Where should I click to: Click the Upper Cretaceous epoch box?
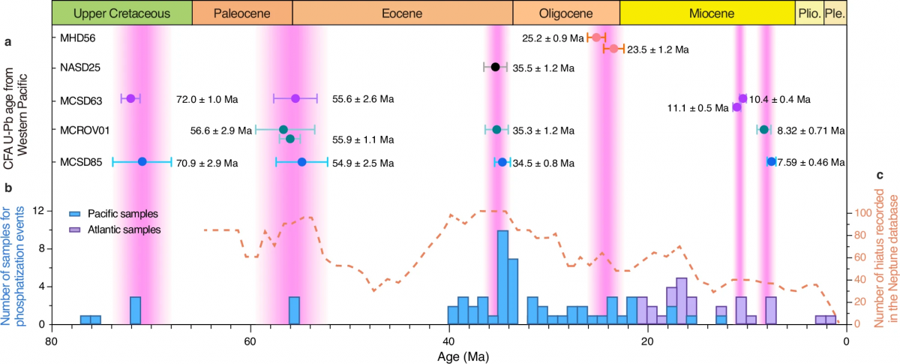click(x=122, y=13)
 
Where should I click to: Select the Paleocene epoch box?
click(x=242, y=13)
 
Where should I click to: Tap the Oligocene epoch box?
click(x=566, y=13)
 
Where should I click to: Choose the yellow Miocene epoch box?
click(x=707, y=13)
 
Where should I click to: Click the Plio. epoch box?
click(x=809, y=13)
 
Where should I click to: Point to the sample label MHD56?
click(x=80, y=37)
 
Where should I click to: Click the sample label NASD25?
click(x=80, y=68)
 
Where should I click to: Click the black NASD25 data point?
click(x=495, y=68)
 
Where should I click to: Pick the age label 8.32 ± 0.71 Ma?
click(x=811, y=131)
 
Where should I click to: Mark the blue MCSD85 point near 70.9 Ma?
click(x=142, y=161)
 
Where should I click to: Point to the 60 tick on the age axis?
click(x=250, y=338)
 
